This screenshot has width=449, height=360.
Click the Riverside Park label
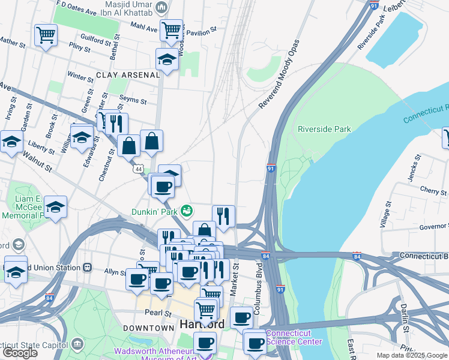(324, 129)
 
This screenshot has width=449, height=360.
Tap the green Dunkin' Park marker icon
(187, 211)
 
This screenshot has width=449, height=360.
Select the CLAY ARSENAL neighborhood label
(127, 75)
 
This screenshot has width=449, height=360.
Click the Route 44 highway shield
(139, 170)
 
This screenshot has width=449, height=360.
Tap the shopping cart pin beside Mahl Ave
(171, 28)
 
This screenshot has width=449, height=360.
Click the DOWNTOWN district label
(148, 328)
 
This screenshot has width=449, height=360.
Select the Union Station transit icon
(87, 266)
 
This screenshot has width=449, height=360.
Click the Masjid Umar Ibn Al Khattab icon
(160, 8)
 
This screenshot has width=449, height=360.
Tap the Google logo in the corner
(20, 352)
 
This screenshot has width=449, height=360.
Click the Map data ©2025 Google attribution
(412, 355)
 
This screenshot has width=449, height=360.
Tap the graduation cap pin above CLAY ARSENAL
(167, 59)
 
